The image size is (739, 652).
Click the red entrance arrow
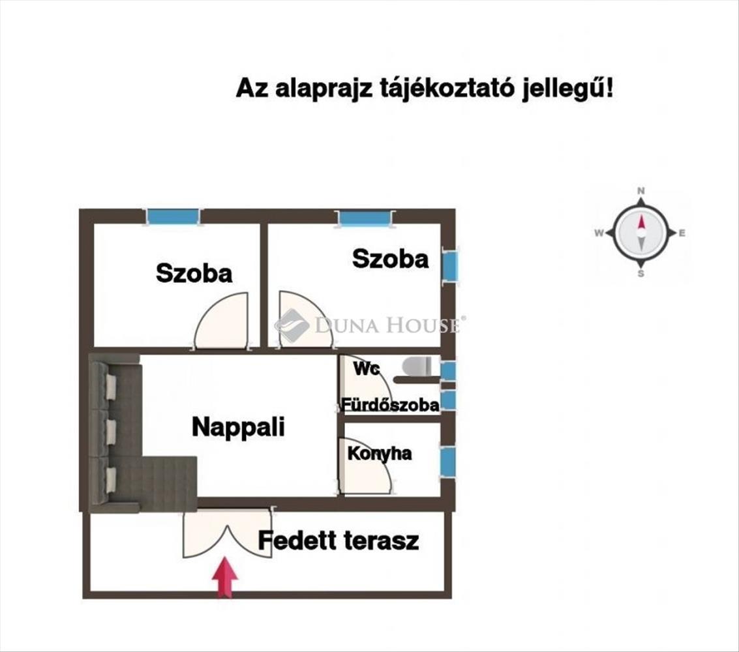tap(224, 576)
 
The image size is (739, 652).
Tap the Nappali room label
tap(238, 427)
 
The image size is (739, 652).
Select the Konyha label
tap(379, 453)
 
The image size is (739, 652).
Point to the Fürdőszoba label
tap(389, 405)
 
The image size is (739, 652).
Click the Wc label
tap(367, 368)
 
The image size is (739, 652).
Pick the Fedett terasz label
tap(338, 541)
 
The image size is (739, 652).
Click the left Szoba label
tap(194, 273)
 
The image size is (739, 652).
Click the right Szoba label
tap(390, 259)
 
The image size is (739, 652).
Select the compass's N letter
tap(641, 191)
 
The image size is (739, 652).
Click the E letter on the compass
tap(682, 233)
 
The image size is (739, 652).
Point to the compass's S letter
tap(641, 274)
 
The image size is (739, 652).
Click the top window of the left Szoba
tap(173, 216)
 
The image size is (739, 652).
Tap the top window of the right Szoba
tap(365, 218)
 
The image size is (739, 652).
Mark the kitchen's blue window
tap(447, 461)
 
